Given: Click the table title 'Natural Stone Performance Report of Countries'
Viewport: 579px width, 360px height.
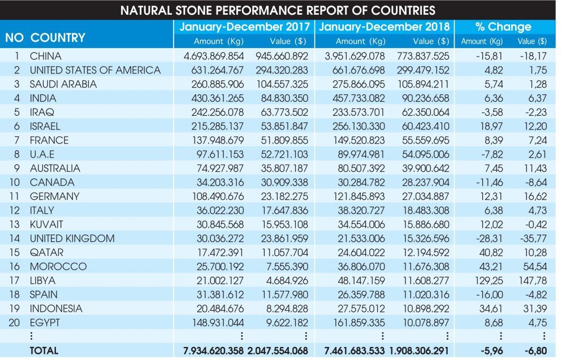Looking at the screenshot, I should (278, 10).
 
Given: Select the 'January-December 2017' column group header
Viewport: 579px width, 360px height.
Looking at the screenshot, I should (245, 27).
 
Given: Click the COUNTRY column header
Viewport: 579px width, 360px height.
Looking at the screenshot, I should (58, 37).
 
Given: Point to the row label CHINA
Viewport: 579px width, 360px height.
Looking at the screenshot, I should (46, 56).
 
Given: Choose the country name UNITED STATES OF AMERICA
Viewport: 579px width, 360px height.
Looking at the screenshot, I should (95, 70).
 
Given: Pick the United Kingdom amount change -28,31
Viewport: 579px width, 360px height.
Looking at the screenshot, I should (487, 238).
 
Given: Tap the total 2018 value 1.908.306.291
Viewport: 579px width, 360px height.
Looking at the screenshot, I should (420, 351).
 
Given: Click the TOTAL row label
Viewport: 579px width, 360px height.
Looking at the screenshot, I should (44, 351).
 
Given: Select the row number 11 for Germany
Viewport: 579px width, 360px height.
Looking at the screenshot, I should (18, 196).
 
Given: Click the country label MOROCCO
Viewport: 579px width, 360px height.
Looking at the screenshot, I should (58, 267).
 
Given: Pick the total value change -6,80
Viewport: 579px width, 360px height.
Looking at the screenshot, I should (534, 351).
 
